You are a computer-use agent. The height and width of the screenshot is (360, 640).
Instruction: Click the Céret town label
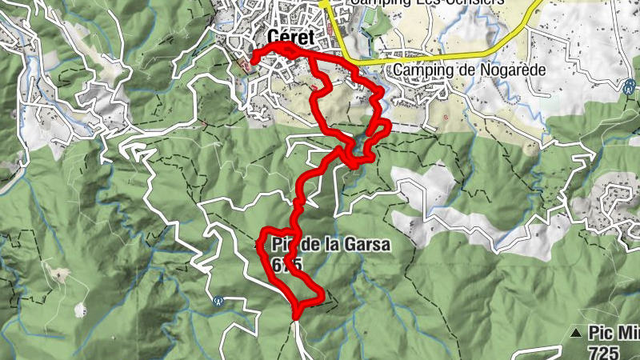(x=291, y=38)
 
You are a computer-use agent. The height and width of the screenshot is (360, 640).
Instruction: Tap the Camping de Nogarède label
(x=468, y=70)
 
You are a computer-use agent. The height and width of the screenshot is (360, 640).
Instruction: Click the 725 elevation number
(x=602, y=350)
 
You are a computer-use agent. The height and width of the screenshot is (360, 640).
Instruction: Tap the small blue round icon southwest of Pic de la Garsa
(x=218, y=301)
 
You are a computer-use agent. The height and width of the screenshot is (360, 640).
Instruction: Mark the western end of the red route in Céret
(x=254, y=58)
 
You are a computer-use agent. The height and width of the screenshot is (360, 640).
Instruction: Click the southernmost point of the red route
(x=297, y=318)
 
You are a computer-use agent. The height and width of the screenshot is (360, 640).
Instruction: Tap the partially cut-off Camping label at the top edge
(x=427, y=2)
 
